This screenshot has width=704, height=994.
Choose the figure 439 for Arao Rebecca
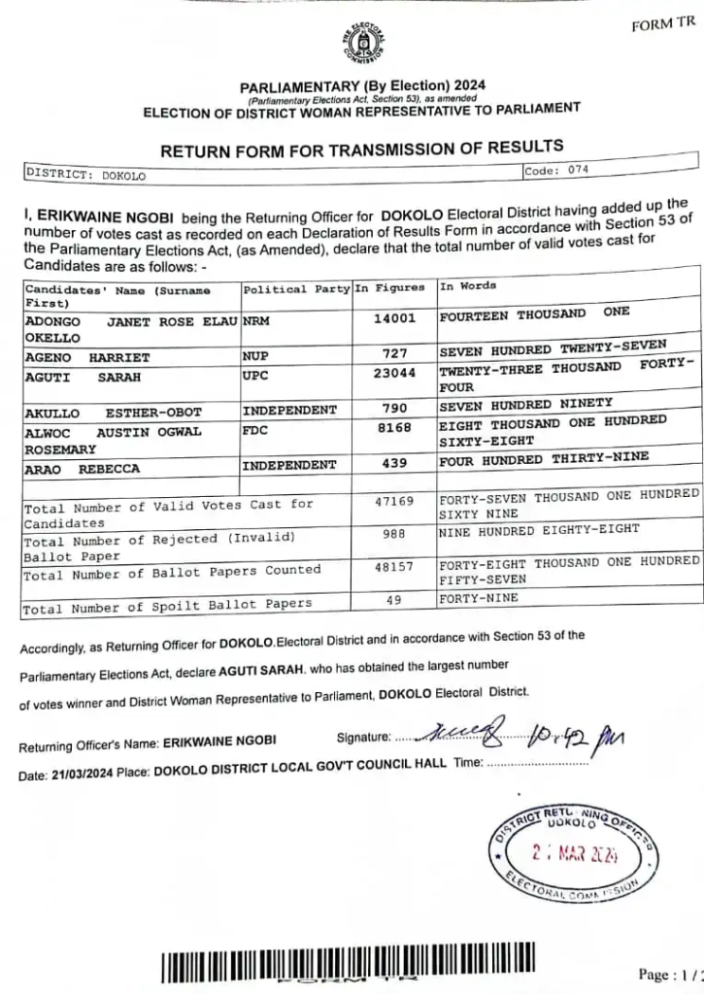coord(394,465)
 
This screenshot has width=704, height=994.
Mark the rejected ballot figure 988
coord(394,534)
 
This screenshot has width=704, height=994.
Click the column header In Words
coord(468,286)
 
